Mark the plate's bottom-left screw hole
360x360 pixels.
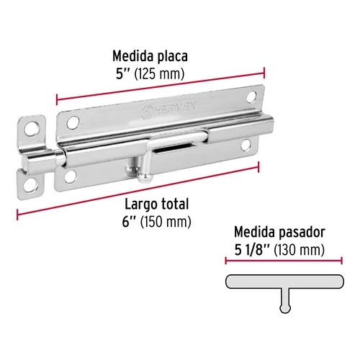73,174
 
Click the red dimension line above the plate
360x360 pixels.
160,84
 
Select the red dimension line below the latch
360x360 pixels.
137,189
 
